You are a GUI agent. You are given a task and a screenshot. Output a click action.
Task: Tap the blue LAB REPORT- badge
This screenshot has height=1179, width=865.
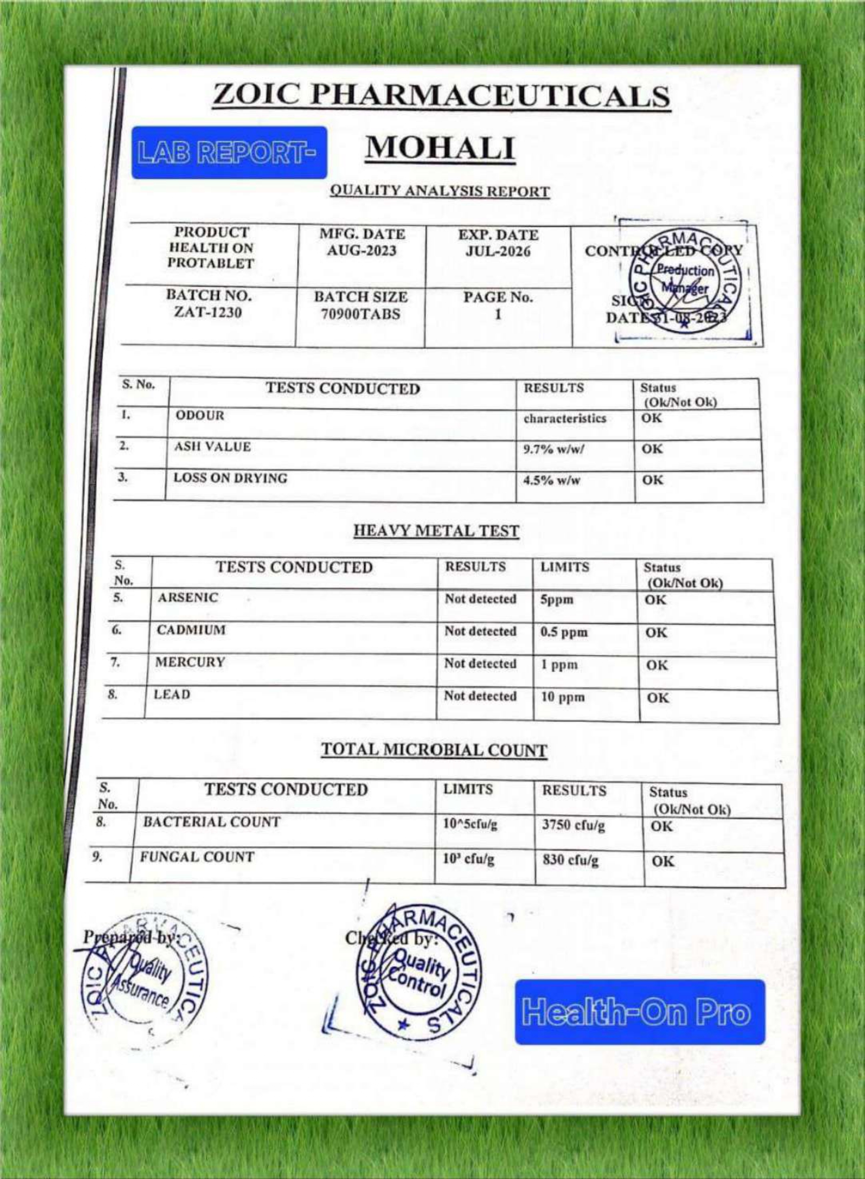pos(229,152)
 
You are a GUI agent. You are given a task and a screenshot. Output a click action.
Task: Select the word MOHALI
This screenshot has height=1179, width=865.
pos(440,148)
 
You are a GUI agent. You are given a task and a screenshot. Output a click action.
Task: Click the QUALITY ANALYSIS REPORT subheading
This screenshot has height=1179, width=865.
pos(440,192)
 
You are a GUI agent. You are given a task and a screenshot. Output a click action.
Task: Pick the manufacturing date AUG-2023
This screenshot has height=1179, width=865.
pos(362,250)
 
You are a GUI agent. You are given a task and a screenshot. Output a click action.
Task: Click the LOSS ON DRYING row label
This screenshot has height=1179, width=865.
pos(231,478)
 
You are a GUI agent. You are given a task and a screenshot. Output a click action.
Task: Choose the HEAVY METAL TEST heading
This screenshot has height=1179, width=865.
pos(436,531)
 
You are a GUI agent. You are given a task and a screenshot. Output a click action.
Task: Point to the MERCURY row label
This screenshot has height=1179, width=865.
pos(190,662)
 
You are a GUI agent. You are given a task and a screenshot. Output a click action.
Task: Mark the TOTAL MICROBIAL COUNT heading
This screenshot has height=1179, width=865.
pos(434,750)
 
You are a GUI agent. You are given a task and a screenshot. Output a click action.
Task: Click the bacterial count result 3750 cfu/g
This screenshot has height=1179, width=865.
pos(573,826)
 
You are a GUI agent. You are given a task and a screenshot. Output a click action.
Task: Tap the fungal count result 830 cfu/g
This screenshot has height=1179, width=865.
pos(570,859)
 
